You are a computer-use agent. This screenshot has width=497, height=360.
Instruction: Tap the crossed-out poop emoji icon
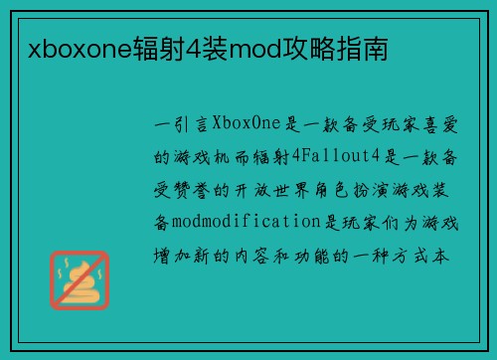click(x=81, y=279)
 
